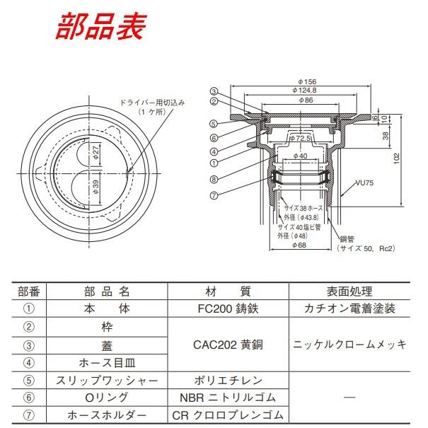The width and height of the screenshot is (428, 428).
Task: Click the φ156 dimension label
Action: [306, 81]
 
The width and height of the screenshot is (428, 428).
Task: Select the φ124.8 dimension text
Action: [306, 91]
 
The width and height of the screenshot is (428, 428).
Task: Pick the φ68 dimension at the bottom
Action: [301, 245]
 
